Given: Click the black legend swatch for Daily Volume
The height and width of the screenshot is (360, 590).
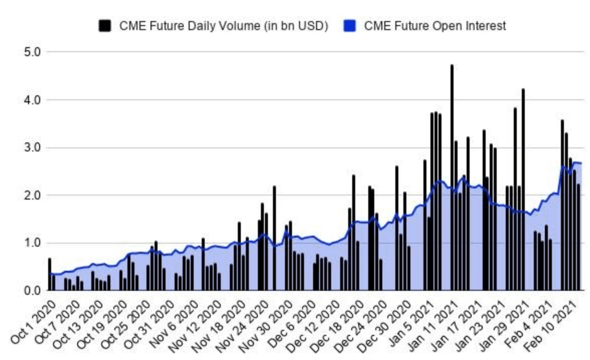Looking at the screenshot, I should coord(105,26).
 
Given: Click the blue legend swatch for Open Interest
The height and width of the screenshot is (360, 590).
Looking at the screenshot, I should coord(349,26).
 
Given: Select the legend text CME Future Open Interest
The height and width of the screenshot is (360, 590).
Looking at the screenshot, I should coord(435,26).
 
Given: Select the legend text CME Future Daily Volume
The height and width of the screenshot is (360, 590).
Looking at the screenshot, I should coord(223,26).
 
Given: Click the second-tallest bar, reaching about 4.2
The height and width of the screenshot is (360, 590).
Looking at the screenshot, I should coord(523,191).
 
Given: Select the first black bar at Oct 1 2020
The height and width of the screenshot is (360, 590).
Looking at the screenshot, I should coord(49,275).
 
